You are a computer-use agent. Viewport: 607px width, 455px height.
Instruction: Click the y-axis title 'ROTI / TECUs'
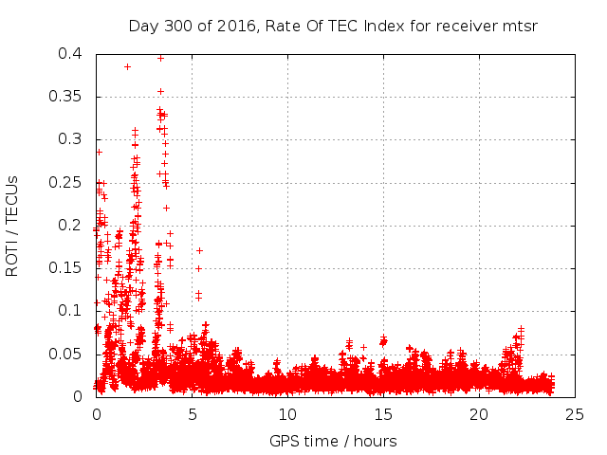12,225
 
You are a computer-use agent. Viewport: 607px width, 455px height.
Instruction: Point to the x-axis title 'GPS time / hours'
333,441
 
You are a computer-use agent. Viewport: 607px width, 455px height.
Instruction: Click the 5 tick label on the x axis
192,414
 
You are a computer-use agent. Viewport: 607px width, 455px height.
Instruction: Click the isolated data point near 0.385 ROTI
127,66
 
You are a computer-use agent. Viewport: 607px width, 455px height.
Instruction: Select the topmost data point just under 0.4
160,58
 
